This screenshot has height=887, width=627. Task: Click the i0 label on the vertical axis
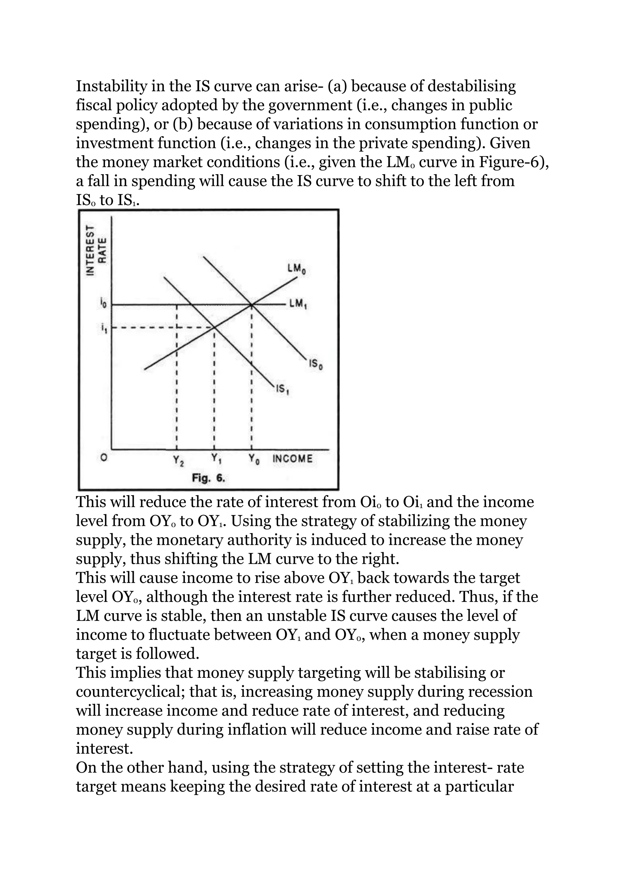point(103,305)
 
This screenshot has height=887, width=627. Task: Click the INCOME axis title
point(292,459)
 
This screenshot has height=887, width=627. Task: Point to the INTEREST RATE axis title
point(96,250)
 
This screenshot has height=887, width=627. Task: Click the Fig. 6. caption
point(208,479)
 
